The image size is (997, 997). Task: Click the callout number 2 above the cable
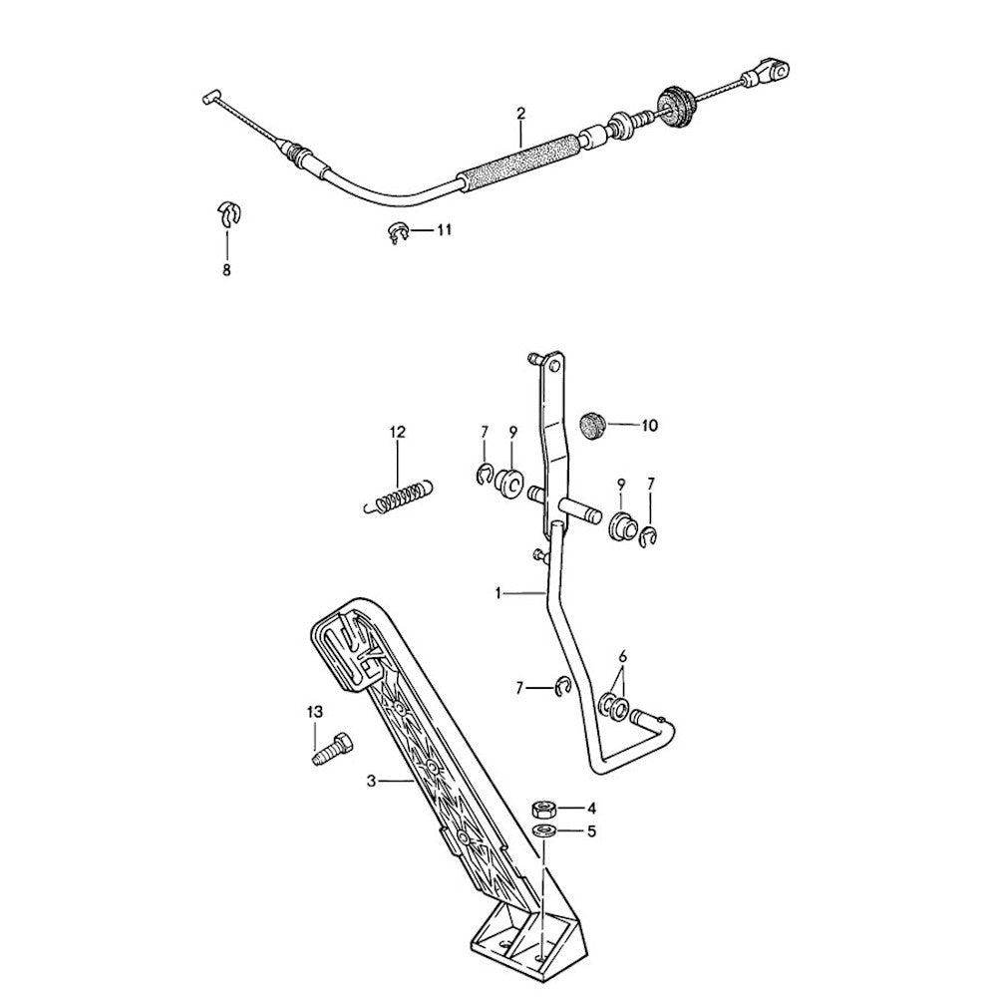pos(521,114)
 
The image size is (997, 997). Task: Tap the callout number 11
pos(444,229)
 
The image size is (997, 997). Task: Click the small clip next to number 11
pos(398,233)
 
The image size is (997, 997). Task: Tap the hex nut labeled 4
pos(545,810)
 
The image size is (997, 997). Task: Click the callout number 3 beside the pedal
pos(373,782)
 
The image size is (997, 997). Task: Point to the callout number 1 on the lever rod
pos(498,593)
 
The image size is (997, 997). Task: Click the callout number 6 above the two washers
pos(622,656)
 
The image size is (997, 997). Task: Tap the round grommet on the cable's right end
pos(675,108)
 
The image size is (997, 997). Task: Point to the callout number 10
pos(649,426)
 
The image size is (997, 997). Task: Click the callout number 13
pos(315,712)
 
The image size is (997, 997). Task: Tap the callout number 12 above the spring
pos(398,432)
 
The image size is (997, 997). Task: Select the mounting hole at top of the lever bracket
pos(554,365)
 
